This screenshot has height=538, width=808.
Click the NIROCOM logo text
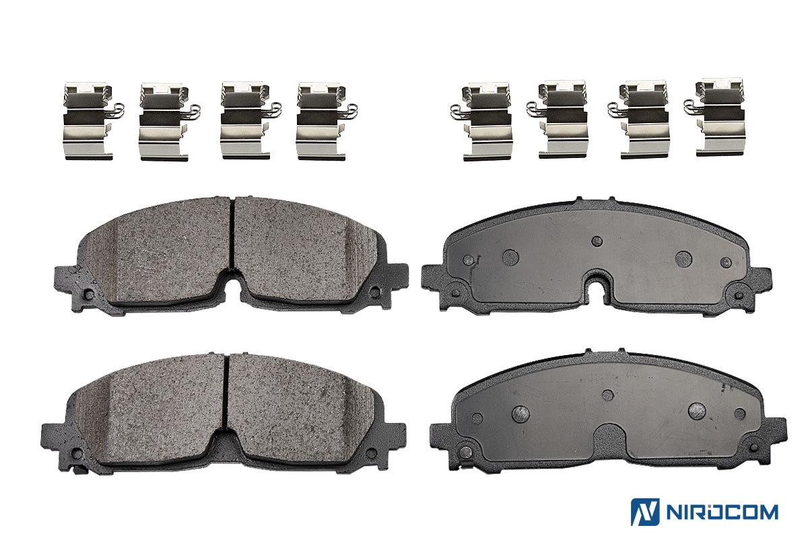tap(722, 512)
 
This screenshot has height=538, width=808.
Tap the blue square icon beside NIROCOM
tap(645, 512)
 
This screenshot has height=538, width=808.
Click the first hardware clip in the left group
tap(93, 121)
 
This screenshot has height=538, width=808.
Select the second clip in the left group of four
tap(169, 122)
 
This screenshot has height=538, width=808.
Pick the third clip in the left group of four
tap(250, 120)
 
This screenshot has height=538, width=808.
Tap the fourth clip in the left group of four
tap(326, 121)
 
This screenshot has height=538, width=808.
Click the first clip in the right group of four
tap(481, 122)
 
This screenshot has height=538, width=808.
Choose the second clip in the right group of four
tap(558, 120)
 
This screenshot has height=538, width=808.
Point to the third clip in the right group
tap(638, 120)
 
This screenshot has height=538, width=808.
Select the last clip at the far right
tap(714, 118)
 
